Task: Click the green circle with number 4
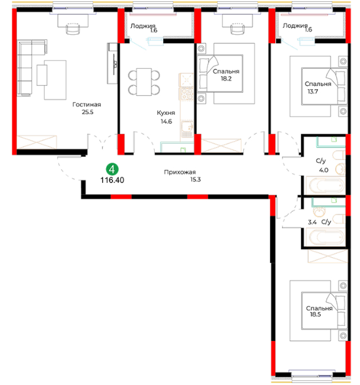pos(112,169)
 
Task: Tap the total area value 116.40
pos(112,180)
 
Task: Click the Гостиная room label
pos(87,104)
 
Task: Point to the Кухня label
pos(166,113)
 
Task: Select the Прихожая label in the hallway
pos(180,172)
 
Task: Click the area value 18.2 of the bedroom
pos(226,79)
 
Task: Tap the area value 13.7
pos(313,92)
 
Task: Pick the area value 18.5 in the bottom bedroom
pos(315,315)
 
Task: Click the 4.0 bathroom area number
pos(324,170)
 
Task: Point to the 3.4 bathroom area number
pos(312,222)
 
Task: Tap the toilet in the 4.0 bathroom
pos(339,155)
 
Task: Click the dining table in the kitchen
pos(144,82)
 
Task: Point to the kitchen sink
pos(188,127)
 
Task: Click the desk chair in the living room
pos(73,28)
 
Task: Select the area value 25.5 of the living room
pos(88,112)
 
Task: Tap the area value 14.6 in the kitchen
pos(167,121)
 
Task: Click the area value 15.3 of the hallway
pos(195,180)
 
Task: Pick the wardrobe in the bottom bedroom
pos(328,256)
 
